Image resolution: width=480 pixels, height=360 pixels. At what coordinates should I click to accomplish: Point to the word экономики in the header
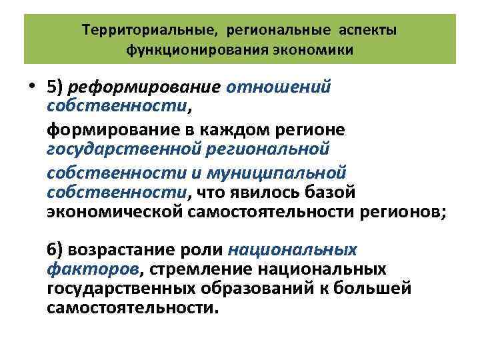click(318, 50)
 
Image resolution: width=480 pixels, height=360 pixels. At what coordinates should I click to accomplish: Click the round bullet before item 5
click(32, 89)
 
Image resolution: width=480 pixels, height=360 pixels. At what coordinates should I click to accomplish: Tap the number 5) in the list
click(56, 89)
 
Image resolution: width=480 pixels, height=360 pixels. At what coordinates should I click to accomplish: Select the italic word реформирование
click(145, 89)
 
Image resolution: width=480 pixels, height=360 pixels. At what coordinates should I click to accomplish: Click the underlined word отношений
click(279, 89)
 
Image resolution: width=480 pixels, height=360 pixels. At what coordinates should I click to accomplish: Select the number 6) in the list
click(56, 250)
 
